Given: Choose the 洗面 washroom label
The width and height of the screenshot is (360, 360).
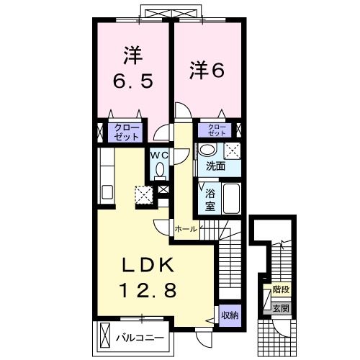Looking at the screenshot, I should pos(215,166).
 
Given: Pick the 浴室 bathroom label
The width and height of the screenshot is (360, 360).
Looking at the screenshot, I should pos(211,199).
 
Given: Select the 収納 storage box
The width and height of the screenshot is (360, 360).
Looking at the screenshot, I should pos(230,315).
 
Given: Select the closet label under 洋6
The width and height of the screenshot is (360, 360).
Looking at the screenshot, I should pos(217,130).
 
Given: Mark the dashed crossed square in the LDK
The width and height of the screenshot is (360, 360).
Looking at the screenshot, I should pos(145,194).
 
